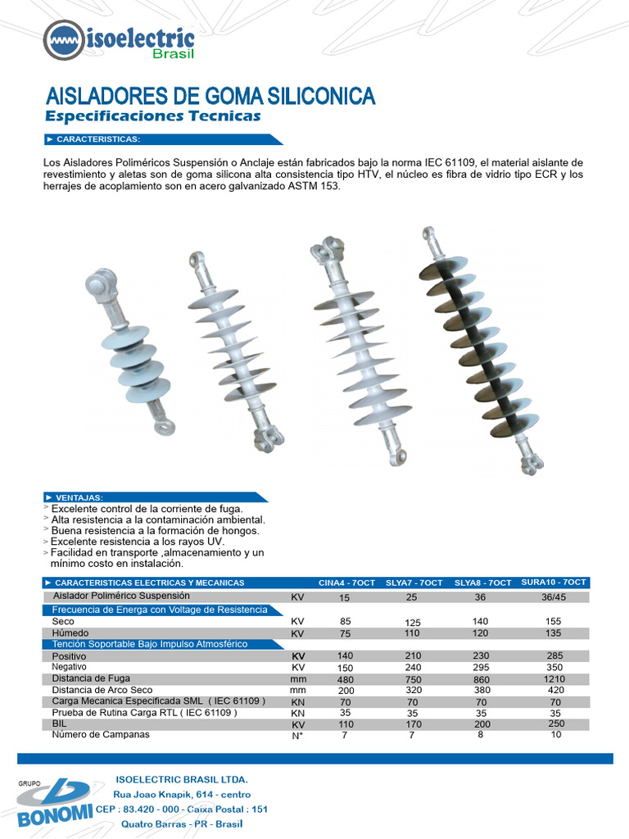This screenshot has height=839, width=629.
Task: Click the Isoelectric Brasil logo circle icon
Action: pyautogui.click(x=63, y=41)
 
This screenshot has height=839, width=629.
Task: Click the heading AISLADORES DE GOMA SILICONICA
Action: pyautogui.click(x=210, y=96)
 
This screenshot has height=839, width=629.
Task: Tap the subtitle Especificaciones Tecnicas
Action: pyautogui.click(x=152, y=116)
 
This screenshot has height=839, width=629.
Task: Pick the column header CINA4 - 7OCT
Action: pyautogui.click(x=346, y=583)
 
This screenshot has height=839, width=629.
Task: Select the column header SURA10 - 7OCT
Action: pyautogui.click(x=554, y=583)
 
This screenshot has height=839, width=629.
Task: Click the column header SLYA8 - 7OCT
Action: pyautogui.click(x=482, y=583)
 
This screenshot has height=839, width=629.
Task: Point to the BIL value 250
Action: pyautogui.click(x=556, y=723)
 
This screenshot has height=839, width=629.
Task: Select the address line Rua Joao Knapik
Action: pyautogui.click(x=182, y=795)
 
